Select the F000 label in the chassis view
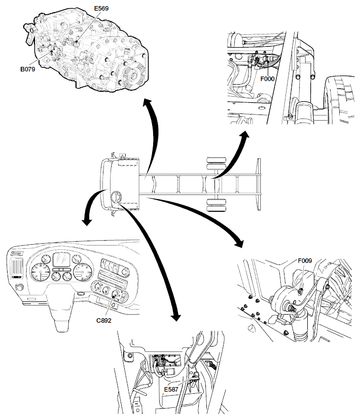pyautogui.click(x=268, y=79)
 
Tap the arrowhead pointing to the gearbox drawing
pyautogui.click(x=147, y=103)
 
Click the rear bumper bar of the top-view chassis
pyautogui.click(x=258, y=183)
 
